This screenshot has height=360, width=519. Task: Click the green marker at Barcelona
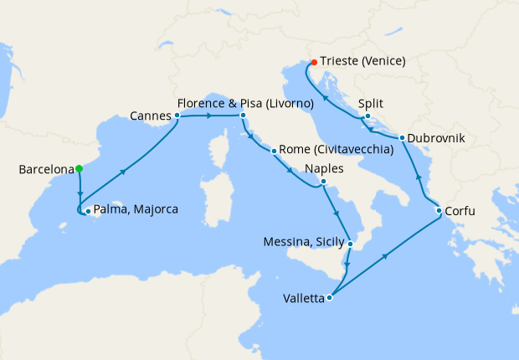pyautogui.click(x=79, y=168)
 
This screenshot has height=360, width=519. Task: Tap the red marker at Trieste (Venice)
pyautogui.click(x=313, y=62)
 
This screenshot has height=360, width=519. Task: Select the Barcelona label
pyautogui.click(x=46, y=170)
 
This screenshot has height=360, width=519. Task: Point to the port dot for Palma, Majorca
pyautogui.click(x=88, y=211)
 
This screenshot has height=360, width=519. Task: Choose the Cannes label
pyautogui.click(x=152, y=116)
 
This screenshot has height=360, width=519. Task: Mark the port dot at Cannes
pyautogui.click(x=177, y=116)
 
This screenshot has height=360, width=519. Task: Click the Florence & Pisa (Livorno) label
pyautogui.click(x=245, y=103)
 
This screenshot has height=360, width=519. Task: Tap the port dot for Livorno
pyautogui.click(x=242, y=116)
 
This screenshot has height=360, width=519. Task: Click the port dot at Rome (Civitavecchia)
pyautogui.click(x=274, y=151)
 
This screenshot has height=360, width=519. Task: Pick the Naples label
pyautogui.click(x=324, y=168)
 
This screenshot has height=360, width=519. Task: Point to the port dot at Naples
pyautogui.click(x=323, y=182)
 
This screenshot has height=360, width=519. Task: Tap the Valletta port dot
pyautogui.click(x=331, y=296)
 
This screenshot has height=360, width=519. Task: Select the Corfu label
pyautogui.click(x=460, y=211)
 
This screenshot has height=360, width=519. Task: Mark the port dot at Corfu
pyautogui.click(x=439, y=211)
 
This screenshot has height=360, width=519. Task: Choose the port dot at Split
pyautogui.click(x=367, y=116)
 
